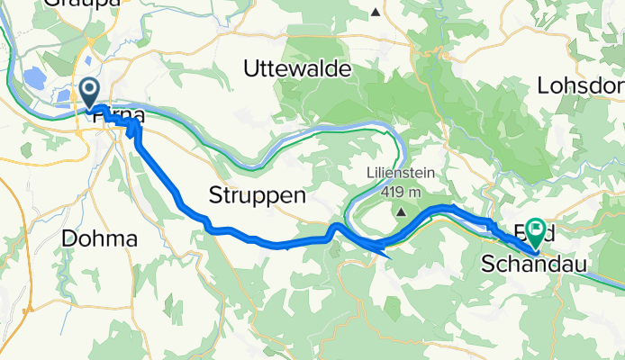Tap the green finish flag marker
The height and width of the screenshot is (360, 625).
click(x=537, y=232)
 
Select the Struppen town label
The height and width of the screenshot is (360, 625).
click(x=258, y=194)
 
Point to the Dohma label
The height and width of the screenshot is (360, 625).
click(x=99, y=239)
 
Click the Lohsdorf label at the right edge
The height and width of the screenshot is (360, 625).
click(x=580, y=86)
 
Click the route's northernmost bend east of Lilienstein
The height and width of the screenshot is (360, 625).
click(x=446, y=208)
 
